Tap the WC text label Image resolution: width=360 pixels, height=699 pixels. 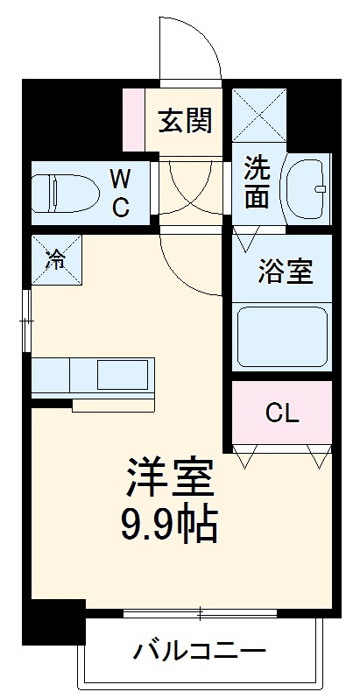click(120, 194)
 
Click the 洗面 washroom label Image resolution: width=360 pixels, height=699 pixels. click(256, 182)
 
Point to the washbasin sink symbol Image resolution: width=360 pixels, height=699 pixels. click(306, 187)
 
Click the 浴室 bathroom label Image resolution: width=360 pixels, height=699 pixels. click(285, 271)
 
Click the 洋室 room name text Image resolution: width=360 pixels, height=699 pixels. click(169, 478)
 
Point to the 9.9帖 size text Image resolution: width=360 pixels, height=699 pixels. click(169, 524)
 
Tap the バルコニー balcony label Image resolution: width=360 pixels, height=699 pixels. click(200, 651)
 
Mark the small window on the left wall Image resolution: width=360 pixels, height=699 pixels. click(28, 321)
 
